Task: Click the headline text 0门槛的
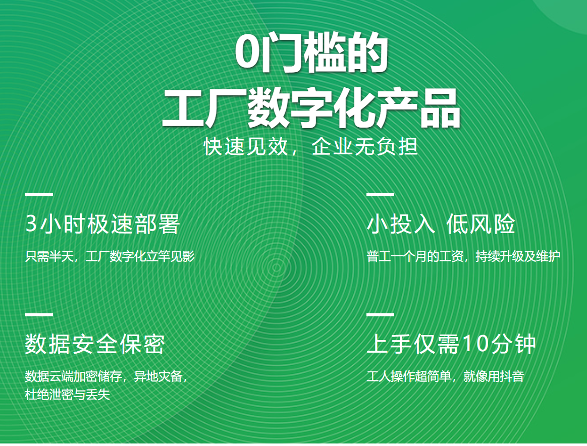tap(311, 53)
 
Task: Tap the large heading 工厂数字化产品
tap(311, 108)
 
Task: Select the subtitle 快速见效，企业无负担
tap(311, 146)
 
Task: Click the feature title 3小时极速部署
tap(102, 224)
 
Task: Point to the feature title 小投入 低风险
tap(441, 224)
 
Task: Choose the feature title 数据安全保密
tap(95, 344)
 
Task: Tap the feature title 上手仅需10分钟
tap(451, 344)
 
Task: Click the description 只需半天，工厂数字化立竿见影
tap(110, 256)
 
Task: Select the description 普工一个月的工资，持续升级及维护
tap(463, 256)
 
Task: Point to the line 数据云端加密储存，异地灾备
tap(106, 376)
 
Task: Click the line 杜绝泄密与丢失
tap(68, 395)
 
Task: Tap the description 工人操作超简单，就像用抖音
tap(445, 376)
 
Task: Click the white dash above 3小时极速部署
tap(39, 195)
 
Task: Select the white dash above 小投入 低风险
tap(381, 195)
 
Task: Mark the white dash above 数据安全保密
tap(39, 314)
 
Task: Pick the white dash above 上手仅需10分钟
tap(381, 314)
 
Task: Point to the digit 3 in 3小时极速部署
tap(31, 224)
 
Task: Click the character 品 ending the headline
tap(440, 108)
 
